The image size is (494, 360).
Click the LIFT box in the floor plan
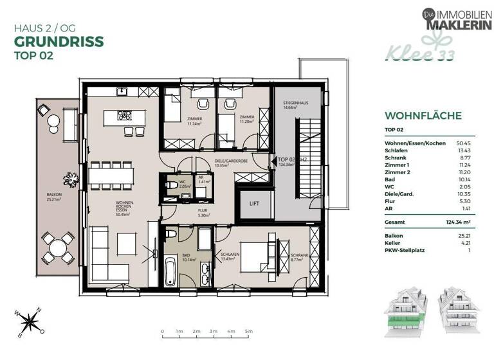click(253, 204)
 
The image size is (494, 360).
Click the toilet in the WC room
click(171, 185)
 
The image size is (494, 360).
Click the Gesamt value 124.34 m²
click(459, 221)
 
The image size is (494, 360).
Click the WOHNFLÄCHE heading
click(423, 116)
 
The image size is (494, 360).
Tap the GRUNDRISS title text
click(58, 42)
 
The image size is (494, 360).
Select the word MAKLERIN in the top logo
click(458, 23)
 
